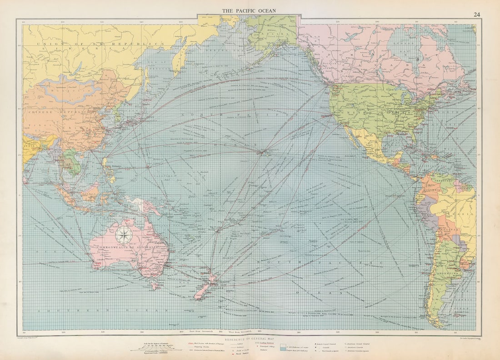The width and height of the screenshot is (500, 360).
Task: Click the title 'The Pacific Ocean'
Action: point(249,10)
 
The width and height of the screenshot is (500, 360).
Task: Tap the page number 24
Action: point(476,15)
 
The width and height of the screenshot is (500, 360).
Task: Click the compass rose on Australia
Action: point(124,235)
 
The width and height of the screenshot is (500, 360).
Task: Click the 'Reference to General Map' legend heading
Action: point(250,340)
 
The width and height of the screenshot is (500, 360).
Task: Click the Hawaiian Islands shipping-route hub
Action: point(262,152)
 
